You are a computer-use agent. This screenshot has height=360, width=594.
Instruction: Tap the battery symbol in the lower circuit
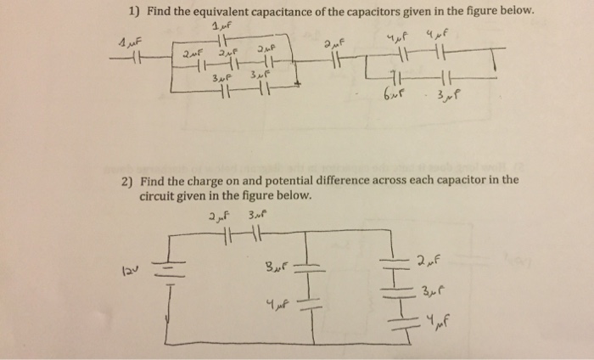click(169, 273)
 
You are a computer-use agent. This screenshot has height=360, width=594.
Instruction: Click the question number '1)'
click(134, 12)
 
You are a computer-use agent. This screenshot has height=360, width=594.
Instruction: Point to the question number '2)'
click(127, 182)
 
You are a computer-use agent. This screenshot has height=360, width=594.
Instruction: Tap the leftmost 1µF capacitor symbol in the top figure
click(137, 59)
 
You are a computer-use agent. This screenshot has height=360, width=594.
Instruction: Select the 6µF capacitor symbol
click(395, 78)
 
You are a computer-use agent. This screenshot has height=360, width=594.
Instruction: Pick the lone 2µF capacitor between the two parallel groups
click(336, 60)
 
